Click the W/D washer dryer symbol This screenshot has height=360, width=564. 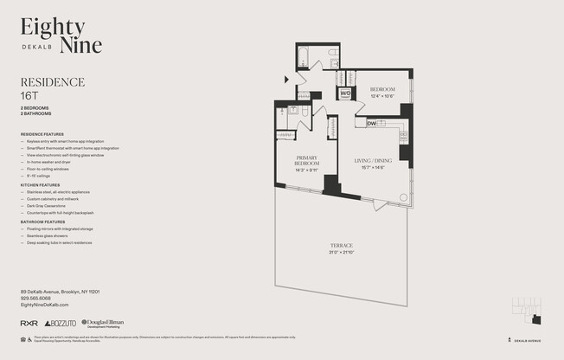[x=344, y=93]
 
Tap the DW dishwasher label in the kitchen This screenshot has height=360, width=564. [x=371, y=123]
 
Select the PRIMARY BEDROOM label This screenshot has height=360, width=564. [x=306, y=160]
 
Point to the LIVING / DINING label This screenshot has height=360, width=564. [x=374, y=161]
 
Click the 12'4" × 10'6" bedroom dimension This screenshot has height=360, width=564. [x=382, y=96]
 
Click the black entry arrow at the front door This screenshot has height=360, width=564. [x=287, y=80]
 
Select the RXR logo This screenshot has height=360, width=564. [x=29, y=322]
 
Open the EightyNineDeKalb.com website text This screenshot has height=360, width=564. [x=44, y=305]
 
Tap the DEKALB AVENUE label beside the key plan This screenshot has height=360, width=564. [x=532, y=341]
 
